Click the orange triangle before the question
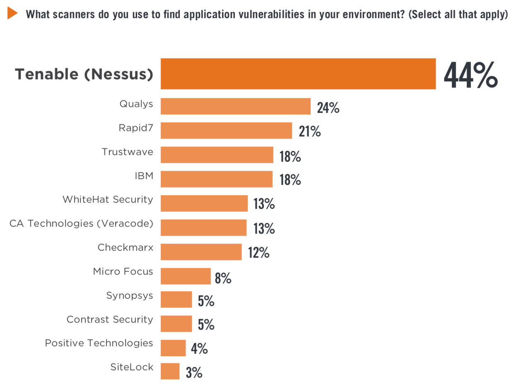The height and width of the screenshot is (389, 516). [x=12, y=13]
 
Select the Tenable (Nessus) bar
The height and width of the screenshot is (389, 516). [x=298, y=74]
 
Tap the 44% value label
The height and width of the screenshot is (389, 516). [x=470, y=75]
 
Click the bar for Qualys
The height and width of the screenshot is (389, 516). [x=235, y=106]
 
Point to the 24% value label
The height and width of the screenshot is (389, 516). [x=328, y=108]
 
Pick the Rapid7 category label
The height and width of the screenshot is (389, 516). [x=136, y=128]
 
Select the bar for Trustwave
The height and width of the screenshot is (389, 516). [x=217, y=155]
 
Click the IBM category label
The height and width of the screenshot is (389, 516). [x=144, y=176]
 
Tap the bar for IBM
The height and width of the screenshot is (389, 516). [x=216, y=179]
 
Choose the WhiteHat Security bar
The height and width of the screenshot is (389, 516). [x=204, y=203]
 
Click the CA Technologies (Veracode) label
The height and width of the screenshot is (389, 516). [x=81, y=224]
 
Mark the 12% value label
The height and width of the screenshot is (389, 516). [x=259, y=252]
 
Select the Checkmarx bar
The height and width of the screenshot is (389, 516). [x=201, y=252]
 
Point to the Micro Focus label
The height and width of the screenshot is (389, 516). [x=123, y=272]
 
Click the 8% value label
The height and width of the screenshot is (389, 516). [x=223, y=278]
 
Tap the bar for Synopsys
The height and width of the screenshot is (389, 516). [x=176, y=300]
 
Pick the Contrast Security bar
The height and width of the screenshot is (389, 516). [x=176, y=324]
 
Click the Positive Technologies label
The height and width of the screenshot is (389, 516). [x=99, y=343]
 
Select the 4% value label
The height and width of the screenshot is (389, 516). [x=199, y=349]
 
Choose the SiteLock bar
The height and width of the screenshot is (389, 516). [x=170, y=371]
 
